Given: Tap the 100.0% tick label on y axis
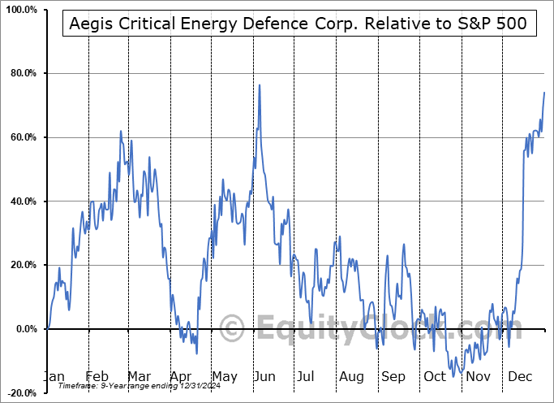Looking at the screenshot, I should pyautogui.click(x=20, y=10).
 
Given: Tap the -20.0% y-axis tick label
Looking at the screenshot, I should pyautogui.click(x=21, y=392).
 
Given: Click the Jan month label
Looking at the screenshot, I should pyautogui.click(x=54, y=377).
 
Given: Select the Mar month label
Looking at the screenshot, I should pyautogui.click(x=140, y=377).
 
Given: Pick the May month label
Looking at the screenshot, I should pyautogui.click(x=225, y=377).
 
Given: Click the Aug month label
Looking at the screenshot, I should pyautogui.click(x=351, y=377).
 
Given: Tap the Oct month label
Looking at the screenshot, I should pyautogui.click(x=435, y=377).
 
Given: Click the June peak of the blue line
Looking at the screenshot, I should pyautogui.click(x=260, y=84).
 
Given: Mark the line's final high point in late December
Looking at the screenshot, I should pyautogui.click(x=544, y=93).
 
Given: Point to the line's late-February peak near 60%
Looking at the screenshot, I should pyautogui.click(x=121, y=131).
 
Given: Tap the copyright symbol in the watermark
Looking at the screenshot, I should pyautogui.click(x=234, y=330).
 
